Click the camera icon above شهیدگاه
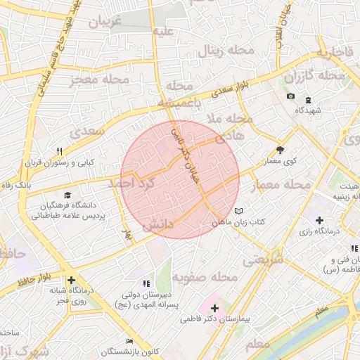pos(291,96)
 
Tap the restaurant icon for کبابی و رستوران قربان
pos(60,151)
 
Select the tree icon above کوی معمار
pos(281,150)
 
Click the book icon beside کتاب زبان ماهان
pos(238,211)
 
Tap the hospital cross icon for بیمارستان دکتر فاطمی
pos(214,309)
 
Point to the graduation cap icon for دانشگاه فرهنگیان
pos(67,195)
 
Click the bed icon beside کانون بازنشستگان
pos(129,340)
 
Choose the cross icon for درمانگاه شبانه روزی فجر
pos(72,280)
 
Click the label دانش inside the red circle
pos(158,226)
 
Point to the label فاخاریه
pos(333,53)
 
